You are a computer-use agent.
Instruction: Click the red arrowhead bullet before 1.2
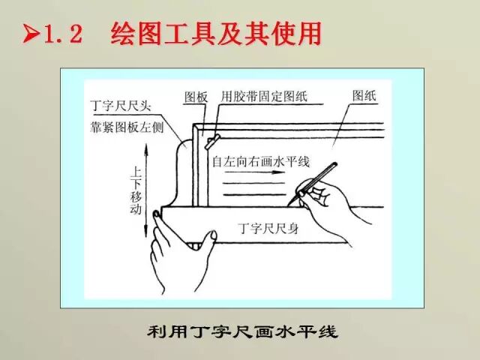click(31, 33)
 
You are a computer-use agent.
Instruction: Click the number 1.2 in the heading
click(63, 34)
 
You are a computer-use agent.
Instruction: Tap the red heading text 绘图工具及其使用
click(216, 33)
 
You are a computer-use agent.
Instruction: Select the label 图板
click(196, 97)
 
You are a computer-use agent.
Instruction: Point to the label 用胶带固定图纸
click(264, 97)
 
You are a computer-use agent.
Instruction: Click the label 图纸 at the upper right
click(364, 95)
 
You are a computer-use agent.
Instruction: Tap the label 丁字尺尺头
click(121, 106)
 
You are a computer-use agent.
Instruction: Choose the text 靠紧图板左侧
click(127, 127)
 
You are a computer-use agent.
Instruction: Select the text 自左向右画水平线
click(261, 162)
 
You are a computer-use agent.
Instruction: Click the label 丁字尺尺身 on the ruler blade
click(268, 228)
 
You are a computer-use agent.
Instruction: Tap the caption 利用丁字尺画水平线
click(242, 331)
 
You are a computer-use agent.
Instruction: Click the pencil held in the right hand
click(313, 182)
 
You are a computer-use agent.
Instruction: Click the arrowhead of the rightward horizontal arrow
click(278, 172)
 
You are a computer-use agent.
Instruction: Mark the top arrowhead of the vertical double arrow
click(146, 148)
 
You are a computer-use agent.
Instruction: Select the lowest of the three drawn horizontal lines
click(254, 194)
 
